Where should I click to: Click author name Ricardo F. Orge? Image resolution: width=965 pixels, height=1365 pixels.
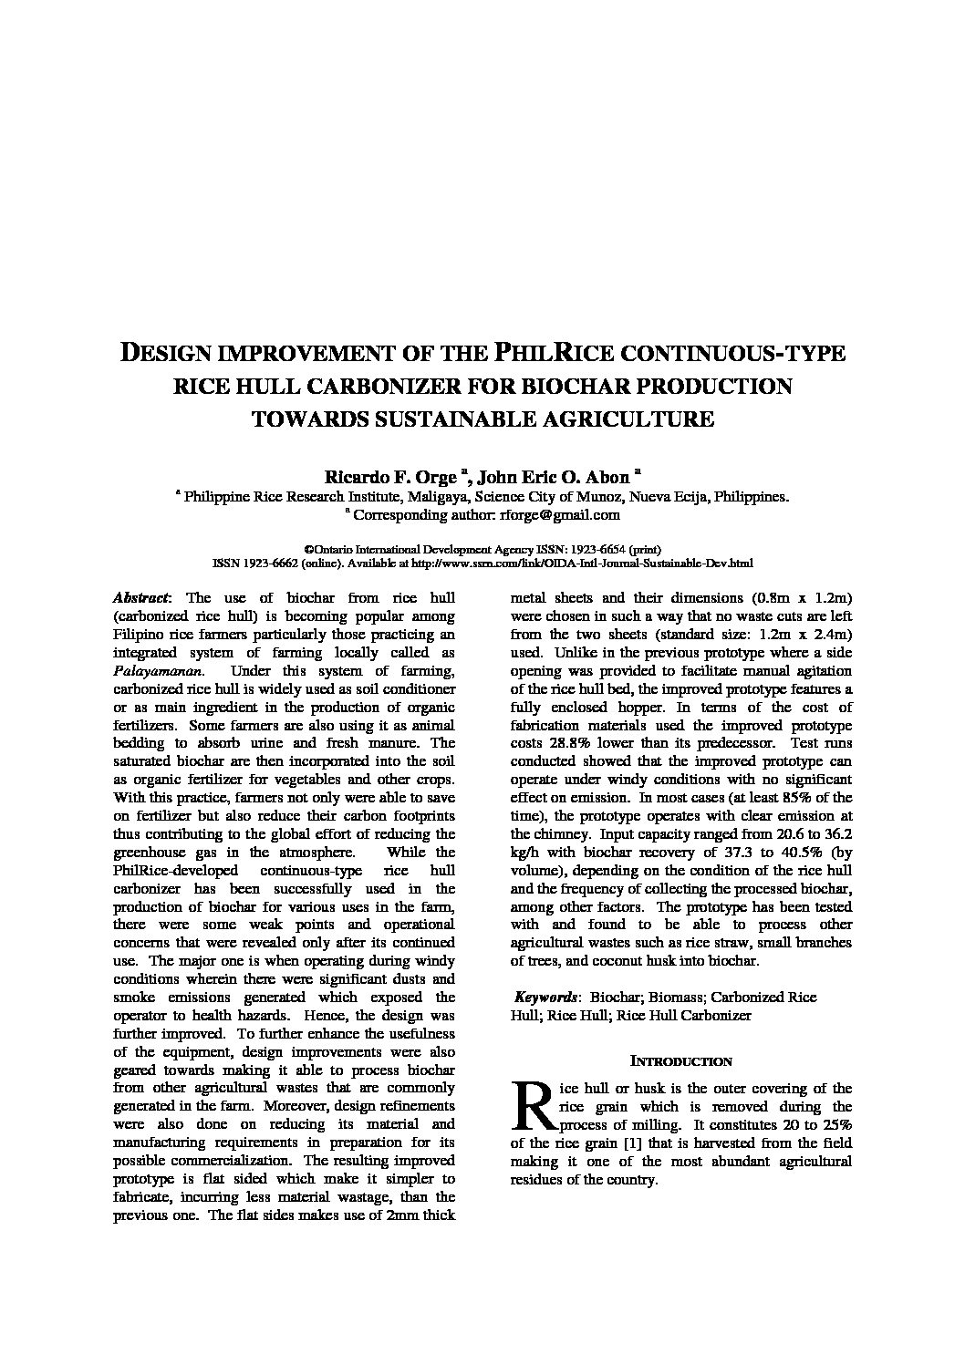click(389, 477)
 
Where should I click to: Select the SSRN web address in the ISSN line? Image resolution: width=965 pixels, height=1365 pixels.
click(583, 564)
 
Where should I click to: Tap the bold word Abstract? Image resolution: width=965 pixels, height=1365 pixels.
click(140, 598)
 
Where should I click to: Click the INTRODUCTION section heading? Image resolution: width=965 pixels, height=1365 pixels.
click(681, 1061)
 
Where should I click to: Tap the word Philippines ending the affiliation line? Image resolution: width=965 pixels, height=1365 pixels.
click(751, 497)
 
